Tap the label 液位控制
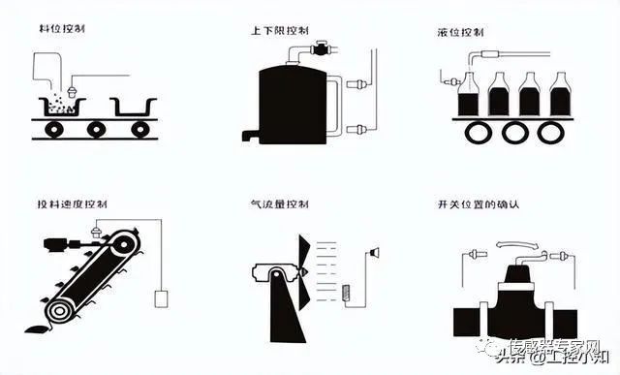pyautogui.click(x=459, y=31)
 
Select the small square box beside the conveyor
pyautogui.click(x=161, y=297)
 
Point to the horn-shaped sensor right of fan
pyautogui.click(x=373, y=254)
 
